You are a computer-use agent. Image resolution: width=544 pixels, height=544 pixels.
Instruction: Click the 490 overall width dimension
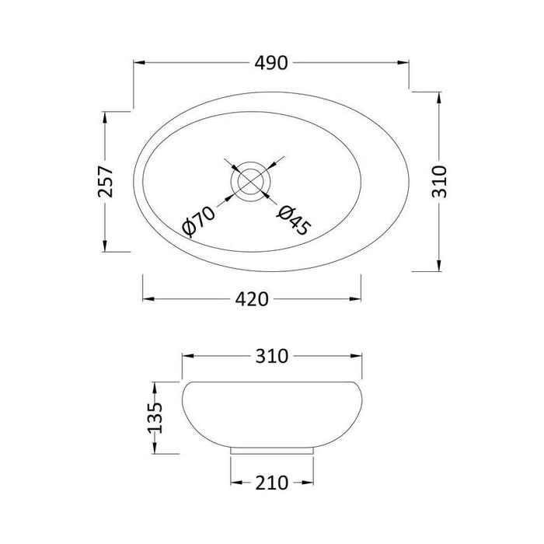(271, 64)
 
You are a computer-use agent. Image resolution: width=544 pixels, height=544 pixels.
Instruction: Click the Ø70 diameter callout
(197, 223)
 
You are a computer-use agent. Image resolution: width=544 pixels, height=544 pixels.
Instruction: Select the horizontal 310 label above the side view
(271, 357)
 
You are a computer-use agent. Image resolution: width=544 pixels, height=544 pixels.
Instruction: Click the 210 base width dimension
(271, 483)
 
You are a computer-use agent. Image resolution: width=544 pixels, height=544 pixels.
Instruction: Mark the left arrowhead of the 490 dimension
(138, 64)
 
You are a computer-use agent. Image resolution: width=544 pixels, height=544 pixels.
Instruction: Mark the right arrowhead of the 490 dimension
(405, 64)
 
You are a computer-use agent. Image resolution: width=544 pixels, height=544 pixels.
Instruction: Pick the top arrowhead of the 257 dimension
(106, 116)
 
